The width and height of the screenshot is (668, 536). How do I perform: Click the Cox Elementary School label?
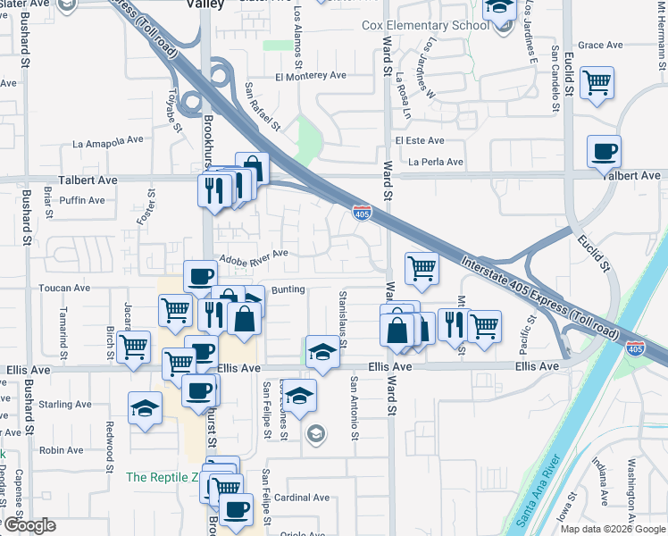[426, 25]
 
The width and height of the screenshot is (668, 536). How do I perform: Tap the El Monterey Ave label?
[311, 77]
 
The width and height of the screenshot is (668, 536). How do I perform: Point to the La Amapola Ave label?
[108, 141]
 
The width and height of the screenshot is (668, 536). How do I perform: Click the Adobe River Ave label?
[253, 254]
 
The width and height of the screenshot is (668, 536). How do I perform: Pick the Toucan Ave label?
[64, 289]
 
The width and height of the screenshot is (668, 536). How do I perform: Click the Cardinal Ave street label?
[302, 498]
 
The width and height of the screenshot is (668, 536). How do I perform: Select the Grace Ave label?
[600, 45]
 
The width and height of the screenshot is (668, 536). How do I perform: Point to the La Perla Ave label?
[436, 162]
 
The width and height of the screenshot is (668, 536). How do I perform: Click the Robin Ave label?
[62, 450]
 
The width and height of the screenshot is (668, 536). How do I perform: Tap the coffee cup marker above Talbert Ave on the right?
[605, 151]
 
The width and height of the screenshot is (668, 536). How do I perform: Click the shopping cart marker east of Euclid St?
[597, 83]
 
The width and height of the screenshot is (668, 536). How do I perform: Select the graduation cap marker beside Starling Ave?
[145, 408]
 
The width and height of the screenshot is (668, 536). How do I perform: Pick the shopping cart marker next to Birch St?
[134, 346]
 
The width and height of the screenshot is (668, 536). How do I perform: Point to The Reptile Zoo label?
[161, 477]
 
